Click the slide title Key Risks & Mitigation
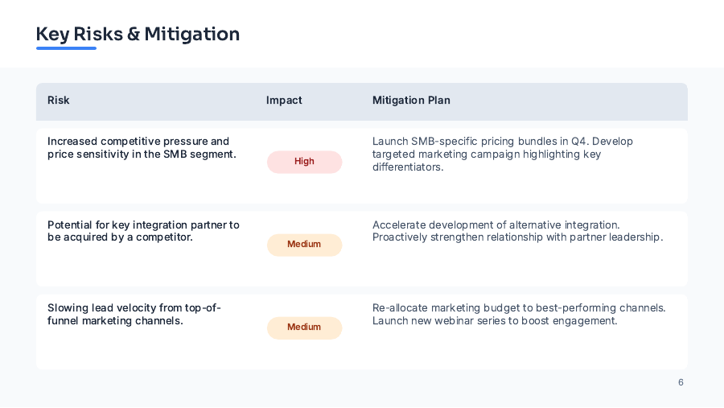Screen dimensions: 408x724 coord(138,34)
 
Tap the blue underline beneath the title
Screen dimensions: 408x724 coord(66,48)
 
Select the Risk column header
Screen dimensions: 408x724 coord(59,101)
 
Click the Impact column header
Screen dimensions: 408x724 coord(284,101)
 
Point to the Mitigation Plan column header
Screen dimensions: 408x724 coord(411,101)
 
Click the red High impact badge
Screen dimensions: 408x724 coord(304,161)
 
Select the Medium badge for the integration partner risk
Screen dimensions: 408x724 coord(304,244)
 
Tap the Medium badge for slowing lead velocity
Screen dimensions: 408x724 coord(304,327)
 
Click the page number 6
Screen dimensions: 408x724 coord(681,382)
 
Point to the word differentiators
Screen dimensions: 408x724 coord(408,167)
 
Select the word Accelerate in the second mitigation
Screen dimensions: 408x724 coord(398,225)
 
